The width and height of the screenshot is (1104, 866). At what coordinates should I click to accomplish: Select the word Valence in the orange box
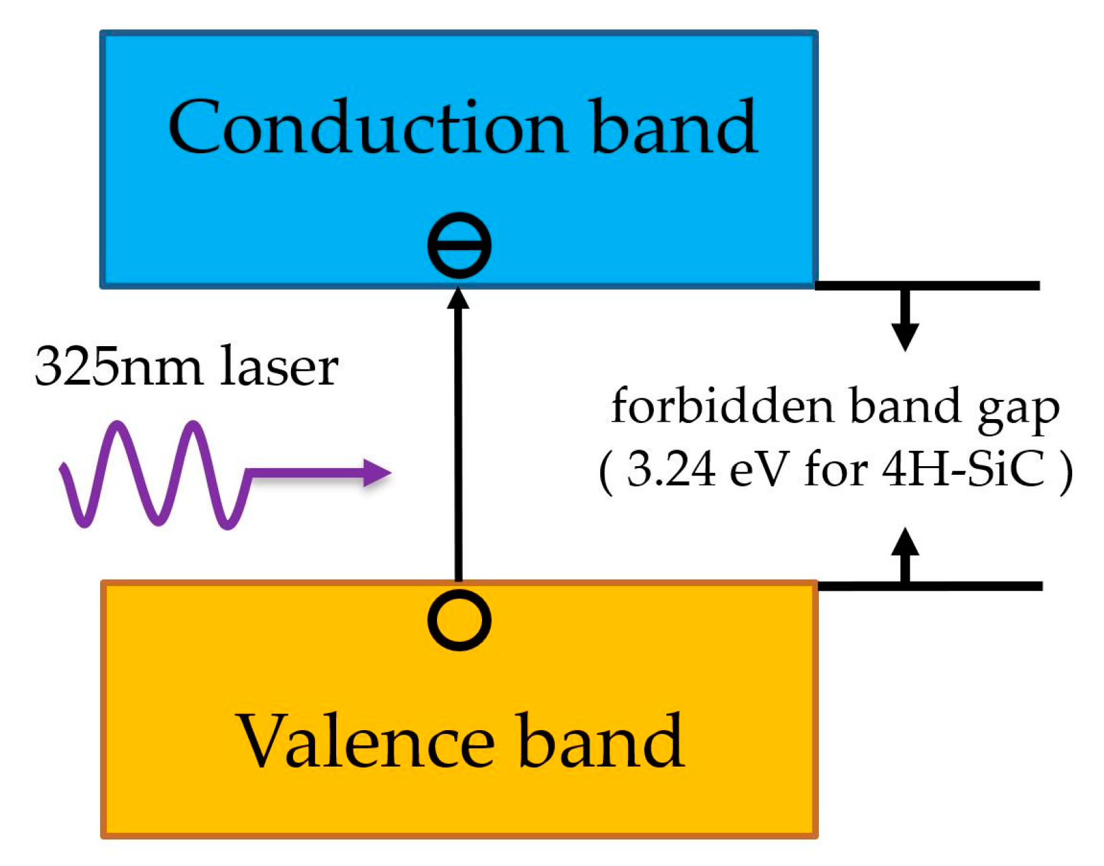click(x=365, y=741)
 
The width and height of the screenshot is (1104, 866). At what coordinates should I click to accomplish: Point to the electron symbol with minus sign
click(x=459, y=245)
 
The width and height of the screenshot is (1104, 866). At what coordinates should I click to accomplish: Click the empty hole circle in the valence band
click(x=459, y=620)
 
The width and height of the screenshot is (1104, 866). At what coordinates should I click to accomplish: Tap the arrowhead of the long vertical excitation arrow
click(x=458, y=298)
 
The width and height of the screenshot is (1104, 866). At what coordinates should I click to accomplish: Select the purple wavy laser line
click(x=153, y=474)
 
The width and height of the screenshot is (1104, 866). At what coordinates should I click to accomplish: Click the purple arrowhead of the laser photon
click(x=378, y=473)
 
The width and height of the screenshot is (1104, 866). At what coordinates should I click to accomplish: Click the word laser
click(x=279, y=367)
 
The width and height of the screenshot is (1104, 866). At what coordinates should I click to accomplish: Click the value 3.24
click(x=671, y=469)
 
